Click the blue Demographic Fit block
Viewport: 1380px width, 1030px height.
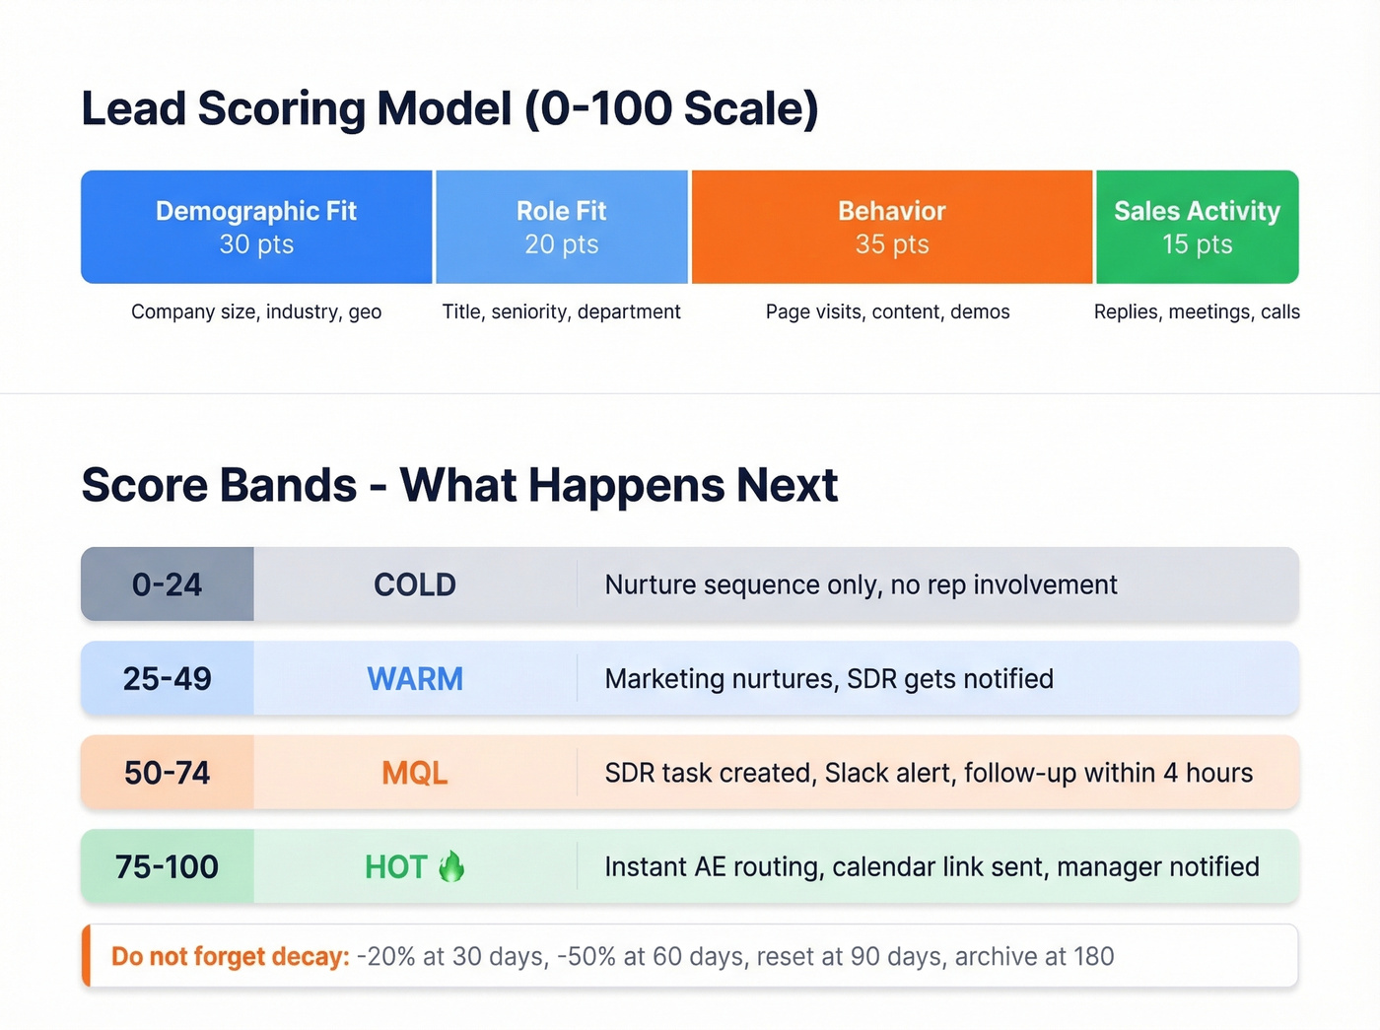point(256,227)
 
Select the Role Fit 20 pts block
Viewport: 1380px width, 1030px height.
point(562,227)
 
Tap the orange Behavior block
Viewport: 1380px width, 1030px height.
point(892,227)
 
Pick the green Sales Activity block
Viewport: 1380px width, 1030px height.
point(1197,227)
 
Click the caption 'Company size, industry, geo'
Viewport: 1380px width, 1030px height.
point(256,311)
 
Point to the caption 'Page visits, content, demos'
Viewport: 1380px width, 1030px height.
point(887,311)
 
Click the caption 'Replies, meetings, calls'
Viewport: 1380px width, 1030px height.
point(1197,311)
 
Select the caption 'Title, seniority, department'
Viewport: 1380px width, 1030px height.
point(561,311)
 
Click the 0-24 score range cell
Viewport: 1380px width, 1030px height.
point(167,584)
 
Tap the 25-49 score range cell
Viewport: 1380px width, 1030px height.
point(167,678)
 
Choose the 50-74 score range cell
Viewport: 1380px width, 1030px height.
point(167,773)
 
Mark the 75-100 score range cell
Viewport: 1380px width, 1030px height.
point(167,866)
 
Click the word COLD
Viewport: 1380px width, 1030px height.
point(415,584)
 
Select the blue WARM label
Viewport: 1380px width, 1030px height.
point(415,678)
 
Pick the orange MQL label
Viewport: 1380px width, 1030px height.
point(415,773)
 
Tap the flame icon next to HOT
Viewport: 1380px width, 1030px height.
point(451,865)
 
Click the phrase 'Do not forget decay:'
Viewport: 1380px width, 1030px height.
point(230,956)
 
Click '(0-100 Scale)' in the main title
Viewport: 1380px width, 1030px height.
point(671,108)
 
